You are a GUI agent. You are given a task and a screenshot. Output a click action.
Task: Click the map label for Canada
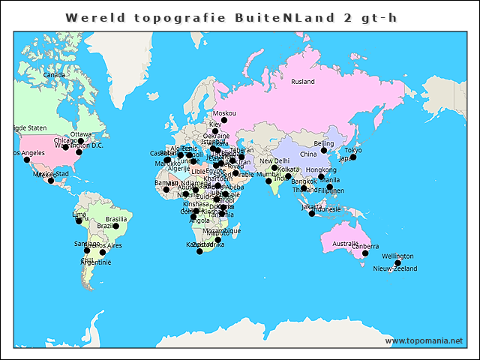(54, 75)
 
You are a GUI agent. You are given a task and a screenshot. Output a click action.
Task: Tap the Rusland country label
(303, 81)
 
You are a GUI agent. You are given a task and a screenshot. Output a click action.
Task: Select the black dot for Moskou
(224, 120)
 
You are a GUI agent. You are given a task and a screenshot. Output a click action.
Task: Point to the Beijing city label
(323, 142)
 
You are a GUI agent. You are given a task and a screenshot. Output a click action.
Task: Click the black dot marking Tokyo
(353, 157)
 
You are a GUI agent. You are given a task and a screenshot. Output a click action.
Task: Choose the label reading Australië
(345, 243)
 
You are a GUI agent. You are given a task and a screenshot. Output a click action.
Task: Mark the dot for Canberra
(365, 253)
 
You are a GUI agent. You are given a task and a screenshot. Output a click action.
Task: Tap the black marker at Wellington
(398, 263)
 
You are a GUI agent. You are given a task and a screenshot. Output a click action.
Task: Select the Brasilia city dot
(115, 226)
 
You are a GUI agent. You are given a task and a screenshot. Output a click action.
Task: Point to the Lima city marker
(79, 221)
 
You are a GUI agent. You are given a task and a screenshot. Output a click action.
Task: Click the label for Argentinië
(95, 262)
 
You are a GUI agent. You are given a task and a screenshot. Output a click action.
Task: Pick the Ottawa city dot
(81, 141)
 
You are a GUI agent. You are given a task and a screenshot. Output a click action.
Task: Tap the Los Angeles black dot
(27, 160)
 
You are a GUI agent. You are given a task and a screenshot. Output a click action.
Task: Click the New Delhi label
(274, 160)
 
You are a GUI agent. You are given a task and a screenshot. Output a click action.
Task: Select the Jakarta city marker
(312, 214)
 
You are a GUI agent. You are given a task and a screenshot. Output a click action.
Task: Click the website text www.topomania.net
(424, 340)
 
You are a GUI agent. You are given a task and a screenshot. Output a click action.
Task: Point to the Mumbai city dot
(268, 181)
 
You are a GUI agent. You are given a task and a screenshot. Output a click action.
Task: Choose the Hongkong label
(321, 169)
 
